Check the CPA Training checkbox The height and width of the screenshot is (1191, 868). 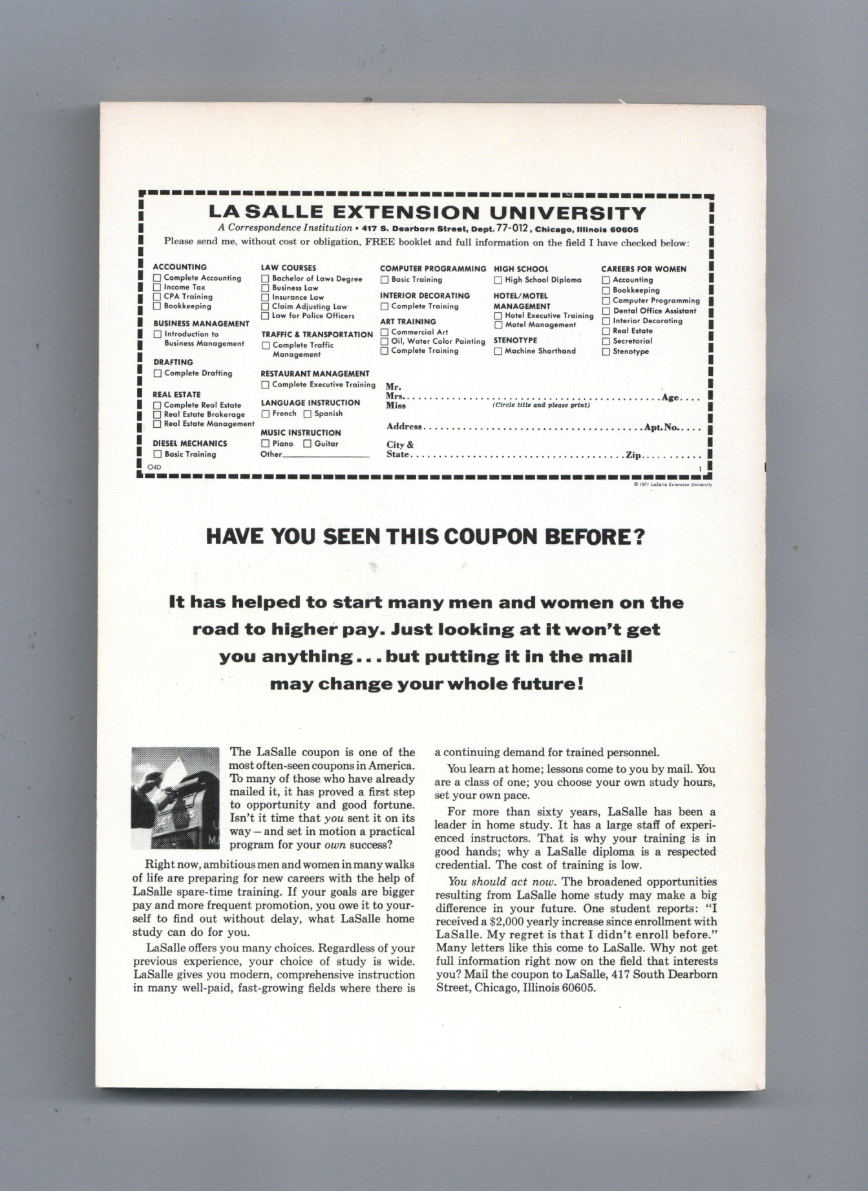click(x=156, y=297)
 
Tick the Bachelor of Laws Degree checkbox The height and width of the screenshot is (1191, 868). click(x=265, y=279)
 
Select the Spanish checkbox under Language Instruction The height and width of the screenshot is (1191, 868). click(x=308, y=414)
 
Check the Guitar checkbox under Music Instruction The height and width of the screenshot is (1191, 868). click(x=308, y=444)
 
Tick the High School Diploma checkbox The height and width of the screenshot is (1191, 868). click(x=498, y=280)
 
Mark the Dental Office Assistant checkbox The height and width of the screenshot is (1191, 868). click(x=606, y=311)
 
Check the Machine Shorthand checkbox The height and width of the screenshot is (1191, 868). click(x=498, y=351)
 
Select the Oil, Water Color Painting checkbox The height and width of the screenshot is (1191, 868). click(x=384, y=341)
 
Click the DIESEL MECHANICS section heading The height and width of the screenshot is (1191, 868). click(x=189, y=443)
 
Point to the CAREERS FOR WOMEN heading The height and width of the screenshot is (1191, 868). click(x=643, y=269)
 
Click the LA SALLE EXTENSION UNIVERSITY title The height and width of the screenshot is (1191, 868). click(x=427, y=213)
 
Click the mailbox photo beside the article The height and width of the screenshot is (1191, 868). click(x=175, y=797)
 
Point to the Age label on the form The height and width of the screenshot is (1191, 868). click(x=670, y=397)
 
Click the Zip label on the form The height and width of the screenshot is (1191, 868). click(x=633, y=455)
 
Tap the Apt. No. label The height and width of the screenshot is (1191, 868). click(x=661, y=427)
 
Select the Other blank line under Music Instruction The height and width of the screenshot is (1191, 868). click(x=326, y=455)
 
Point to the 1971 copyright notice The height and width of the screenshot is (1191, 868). click(x=673, y=485)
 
